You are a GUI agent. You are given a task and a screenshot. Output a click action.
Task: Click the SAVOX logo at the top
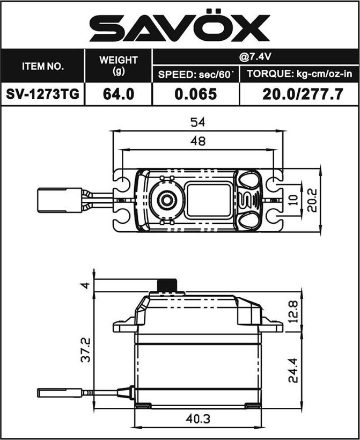[x=180, y=25]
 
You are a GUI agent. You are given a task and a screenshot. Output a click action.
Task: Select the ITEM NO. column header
[x=42, y=67]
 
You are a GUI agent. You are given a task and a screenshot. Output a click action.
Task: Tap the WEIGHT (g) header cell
[x=119, y=65]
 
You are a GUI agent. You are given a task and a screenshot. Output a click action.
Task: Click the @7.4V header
[x=255, y=57]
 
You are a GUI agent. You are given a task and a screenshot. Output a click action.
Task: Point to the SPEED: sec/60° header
[x=196, y=75]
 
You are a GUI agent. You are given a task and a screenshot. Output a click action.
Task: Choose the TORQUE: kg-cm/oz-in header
[x=299, y=74]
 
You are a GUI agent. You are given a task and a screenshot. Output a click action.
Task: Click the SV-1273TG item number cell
[x=42, y=94]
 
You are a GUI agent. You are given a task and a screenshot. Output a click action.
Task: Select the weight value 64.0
[x=119, y=94]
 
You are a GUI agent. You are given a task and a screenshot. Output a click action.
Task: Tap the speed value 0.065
[x=196, y=94]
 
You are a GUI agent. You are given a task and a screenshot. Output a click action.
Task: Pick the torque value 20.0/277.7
[x=303, y=94]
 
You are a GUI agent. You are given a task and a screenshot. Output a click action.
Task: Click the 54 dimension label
[x=198, y=122]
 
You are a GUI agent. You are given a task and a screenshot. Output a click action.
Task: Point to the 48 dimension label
[x=198, y=141]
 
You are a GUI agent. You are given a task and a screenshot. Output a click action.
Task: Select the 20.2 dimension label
[x=312, y=200]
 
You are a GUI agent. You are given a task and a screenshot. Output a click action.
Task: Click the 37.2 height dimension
[x=86, y=350]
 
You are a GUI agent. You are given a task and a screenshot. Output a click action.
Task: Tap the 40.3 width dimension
[x=198, y=419]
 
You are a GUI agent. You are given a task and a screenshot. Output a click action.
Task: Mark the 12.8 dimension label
[x=293, y=312]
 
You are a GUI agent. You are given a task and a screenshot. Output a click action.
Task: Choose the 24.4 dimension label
[x=293, y=370]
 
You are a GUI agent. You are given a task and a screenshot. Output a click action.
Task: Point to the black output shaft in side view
[x=167, y=285]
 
